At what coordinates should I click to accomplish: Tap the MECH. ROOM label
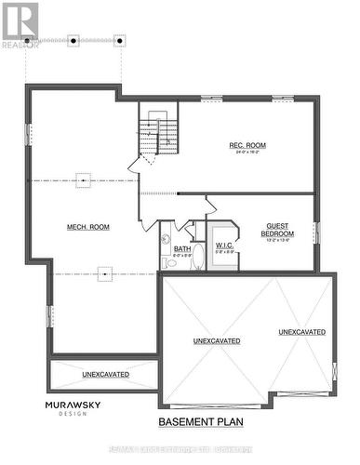tap(88, 227)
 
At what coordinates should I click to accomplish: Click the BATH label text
tap(182, 249)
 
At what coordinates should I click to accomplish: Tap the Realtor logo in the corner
tap(20, 24)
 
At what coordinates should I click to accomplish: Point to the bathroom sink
tap(167, 240)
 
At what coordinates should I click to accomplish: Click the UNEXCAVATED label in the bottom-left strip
tap(105, 374)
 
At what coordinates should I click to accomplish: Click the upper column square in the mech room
tap(84, 180)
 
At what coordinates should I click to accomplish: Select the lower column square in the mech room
tap(105, 273)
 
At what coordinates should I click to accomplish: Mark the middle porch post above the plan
tap(73, 40)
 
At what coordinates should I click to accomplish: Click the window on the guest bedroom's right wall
tap(316, 232)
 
